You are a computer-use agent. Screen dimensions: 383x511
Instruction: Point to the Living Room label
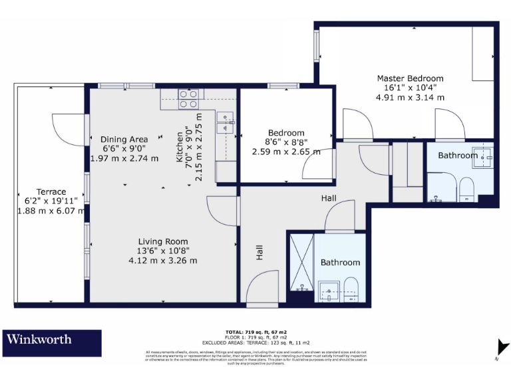pos(163,241)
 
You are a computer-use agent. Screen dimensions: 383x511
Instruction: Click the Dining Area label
pos(124,139)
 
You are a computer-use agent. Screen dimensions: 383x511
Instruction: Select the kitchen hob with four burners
pos(188,99)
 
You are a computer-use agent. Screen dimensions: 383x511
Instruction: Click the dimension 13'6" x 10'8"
pos(163,251)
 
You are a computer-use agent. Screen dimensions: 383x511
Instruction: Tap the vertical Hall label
pos(259,252)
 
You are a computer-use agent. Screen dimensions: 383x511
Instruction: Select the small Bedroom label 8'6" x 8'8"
pos(286,142)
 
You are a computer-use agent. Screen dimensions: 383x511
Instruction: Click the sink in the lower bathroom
pos(329,290)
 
